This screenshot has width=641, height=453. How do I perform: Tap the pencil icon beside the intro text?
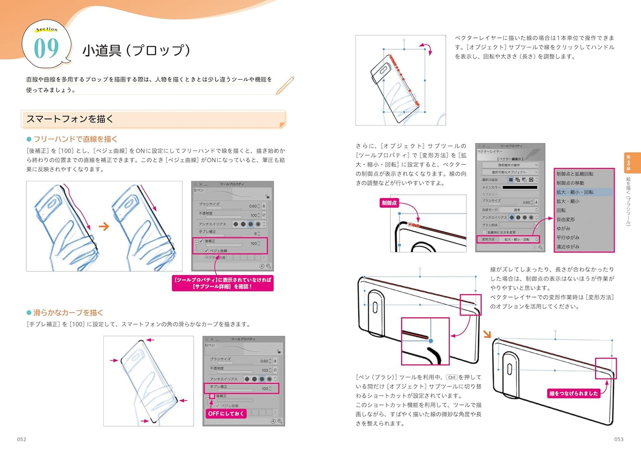pos(285,85)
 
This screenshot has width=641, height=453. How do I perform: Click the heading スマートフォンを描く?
pos(70,119)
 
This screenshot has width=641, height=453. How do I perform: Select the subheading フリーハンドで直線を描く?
pos(75,139)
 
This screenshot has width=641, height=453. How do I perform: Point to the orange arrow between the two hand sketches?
pos(104,226)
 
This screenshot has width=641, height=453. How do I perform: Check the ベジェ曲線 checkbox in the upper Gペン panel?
pos(206,250)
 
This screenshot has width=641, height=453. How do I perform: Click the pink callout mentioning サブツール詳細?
pos(223,283)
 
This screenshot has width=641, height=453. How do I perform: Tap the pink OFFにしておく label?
pos(226,413)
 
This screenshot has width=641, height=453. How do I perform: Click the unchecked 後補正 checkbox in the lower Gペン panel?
pos(212,396)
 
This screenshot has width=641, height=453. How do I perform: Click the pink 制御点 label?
pos(389,203)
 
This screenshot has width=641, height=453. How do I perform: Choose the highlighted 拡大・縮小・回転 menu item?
pos(575,192)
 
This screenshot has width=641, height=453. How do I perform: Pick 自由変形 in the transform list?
pos(566,219)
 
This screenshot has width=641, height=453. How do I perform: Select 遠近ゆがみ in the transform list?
pos(568,246)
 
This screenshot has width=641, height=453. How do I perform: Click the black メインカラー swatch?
pos(519,187)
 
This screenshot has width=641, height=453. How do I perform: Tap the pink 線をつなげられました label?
pos(574,393)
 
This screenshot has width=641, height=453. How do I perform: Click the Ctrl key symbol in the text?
pos(451,377)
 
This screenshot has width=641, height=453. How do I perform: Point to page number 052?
pos(22,439)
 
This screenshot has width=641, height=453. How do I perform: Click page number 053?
pos(619,439)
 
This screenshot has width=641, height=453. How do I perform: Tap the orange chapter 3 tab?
pos(631,163)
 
